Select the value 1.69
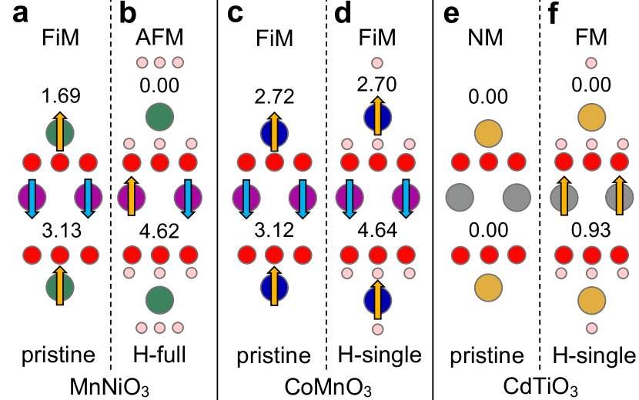pyautogui.click(x=60, y=96)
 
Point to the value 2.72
pyautogui.click(x=274, y=96)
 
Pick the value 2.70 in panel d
pyautogui.click(x=377, y=83)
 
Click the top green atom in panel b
pyautogui.click(x=159, y=118)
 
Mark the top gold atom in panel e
pyautogui.click(x=488, y=133)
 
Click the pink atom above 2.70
pyautogui.click(x=377, y=63)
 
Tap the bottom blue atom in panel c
pyautogui.click(x=274, y=288)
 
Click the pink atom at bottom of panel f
pyautogui.click(x=591, y=329)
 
